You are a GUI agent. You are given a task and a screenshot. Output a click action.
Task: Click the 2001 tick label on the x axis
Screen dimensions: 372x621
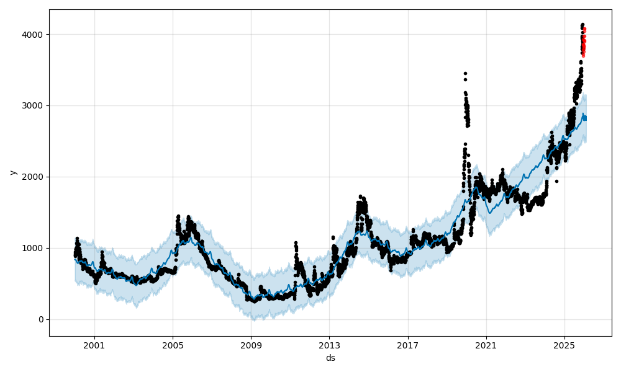(94, 345)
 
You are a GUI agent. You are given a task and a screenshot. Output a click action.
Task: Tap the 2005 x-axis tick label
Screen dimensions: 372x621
(173, 345)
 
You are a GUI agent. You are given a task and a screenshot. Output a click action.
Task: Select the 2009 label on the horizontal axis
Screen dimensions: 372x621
(251, 345)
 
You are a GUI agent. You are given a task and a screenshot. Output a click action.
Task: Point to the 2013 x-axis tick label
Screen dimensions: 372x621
(329, 345)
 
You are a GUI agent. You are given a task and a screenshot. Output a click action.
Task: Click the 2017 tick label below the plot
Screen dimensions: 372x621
(408, 345)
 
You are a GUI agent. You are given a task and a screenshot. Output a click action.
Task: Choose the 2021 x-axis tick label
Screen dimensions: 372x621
(486, 345)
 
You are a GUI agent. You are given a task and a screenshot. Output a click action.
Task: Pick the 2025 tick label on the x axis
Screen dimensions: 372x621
(564, 345)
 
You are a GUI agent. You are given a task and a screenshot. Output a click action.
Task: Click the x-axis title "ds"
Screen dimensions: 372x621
(330, 358)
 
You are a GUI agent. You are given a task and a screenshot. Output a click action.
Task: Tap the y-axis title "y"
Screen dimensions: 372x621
(12, 172)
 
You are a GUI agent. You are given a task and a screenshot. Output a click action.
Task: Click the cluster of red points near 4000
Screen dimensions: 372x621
(584, 43)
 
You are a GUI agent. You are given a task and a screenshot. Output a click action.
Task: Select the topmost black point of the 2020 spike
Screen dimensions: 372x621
(465, 73)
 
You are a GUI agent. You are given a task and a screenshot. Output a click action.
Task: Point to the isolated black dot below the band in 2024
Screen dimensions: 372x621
(556, 181)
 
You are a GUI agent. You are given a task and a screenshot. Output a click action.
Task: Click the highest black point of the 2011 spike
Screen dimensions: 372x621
(296, 243)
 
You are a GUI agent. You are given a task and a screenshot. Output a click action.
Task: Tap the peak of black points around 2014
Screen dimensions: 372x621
(360, 197)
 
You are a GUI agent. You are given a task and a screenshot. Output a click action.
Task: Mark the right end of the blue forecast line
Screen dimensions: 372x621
(586, 118)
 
